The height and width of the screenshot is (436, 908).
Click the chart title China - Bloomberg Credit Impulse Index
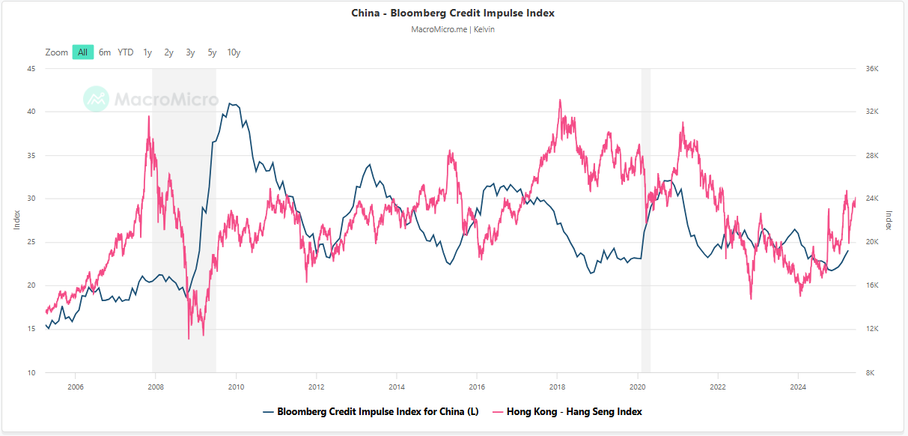tap(453, 13)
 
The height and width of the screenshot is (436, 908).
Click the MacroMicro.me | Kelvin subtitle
tap(453, 29)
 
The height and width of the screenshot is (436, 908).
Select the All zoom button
tap(82, 52)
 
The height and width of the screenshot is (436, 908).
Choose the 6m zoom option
tap(105, 52)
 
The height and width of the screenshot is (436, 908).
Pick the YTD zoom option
tap(126, 52)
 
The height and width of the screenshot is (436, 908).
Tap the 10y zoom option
tap(234, 52)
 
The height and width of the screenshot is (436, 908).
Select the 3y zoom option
tap(190, 52)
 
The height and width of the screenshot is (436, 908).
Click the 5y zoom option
tap(212, 52)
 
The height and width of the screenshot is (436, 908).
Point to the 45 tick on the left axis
tap(31, 69)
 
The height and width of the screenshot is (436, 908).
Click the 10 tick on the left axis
tap(31, 372)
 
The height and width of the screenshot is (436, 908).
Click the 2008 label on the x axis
tap(156, 387)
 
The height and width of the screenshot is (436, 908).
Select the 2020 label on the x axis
tap(638, 387)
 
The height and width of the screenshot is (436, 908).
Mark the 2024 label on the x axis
tap(798, 387)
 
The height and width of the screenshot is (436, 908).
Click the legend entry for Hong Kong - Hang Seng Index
tap(573, 411)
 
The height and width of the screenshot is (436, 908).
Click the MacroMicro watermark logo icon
tap(96, 99)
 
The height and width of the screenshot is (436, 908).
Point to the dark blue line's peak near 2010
tap(231, 103)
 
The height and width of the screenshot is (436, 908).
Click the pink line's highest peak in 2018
tap(560, 100)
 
